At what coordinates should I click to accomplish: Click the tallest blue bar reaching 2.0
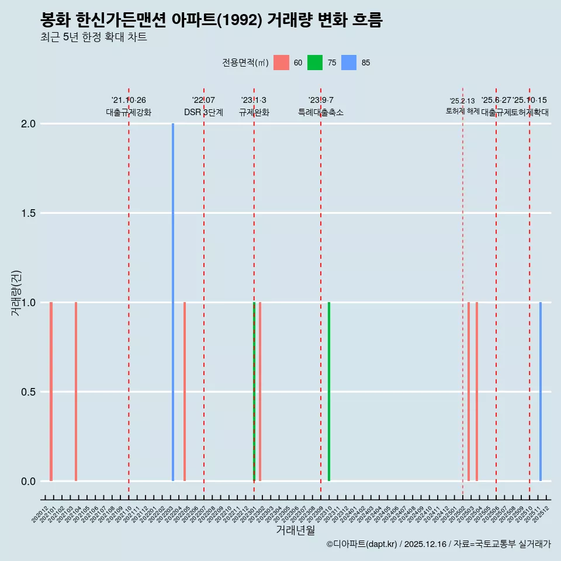click(x=173, y=302)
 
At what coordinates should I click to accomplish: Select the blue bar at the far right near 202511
click(x=541, y=392)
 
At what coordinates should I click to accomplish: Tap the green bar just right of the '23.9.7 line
click(x=329, y=392)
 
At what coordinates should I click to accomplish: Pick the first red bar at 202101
click(x=51, y=392)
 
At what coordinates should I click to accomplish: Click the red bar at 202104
click(x=76, y=392)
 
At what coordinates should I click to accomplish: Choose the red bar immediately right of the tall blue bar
click(x=185, y=392)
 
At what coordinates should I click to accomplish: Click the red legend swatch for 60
click(x=281, y=63)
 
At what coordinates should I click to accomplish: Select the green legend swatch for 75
click(x=315, y=63)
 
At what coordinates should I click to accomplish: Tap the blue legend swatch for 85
click(x=349, y=63)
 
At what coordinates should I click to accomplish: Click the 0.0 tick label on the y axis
click(x=28, y=482)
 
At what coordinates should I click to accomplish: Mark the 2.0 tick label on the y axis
click(x=28, y=124)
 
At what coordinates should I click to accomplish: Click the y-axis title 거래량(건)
click(x=16, y=293)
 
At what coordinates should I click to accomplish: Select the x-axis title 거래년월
click(x=295, y=531)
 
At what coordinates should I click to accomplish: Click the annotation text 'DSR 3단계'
click(x=203, y=113)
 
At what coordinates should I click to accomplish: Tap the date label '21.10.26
click(x=129, y=101)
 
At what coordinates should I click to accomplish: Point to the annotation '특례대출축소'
click(x=321, y=113)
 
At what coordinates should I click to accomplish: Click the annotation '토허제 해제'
click(x=462, y=111)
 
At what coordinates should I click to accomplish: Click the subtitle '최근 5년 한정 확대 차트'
click(x=93, y=37)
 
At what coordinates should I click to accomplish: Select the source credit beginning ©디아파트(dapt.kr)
click(x=438, y=544)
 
